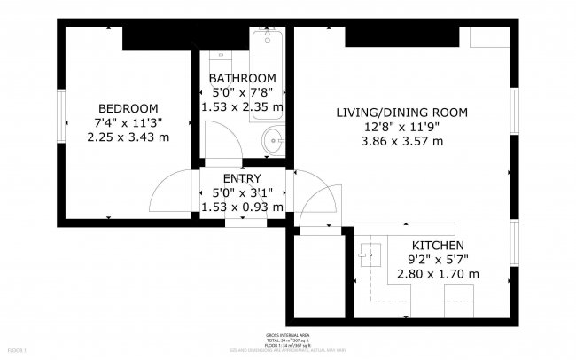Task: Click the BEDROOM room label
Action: [x=128, y=107]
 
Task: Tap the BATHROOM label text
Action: [x=243, y=78]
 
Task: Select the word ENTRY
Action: [x=242, y=178]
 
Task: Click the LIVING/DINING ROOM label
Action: [x=401, y=112]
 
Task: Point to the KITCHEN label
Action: [x=438, y=245]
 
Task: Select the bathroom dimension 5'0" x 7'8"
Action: [x=243, y=92]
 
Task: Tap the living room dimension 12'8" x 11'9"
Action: [x=401, y=126]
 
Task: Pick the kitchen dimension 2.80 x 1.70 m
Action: [x=438, y=274]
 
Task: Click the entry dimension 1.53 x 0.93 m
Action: [x=242, y=207]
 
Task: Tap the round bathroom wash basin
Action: [x=274, y=139]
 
